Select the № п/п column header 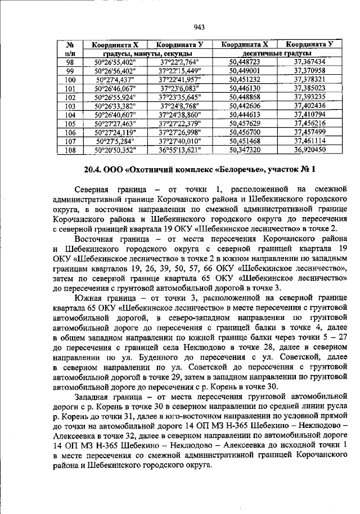pyautogui.click(x=71, y=48)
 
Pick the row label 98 pyautogui.click(x=71, y=62)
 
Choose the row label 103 pyautogui.click(x=71, y=106)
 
